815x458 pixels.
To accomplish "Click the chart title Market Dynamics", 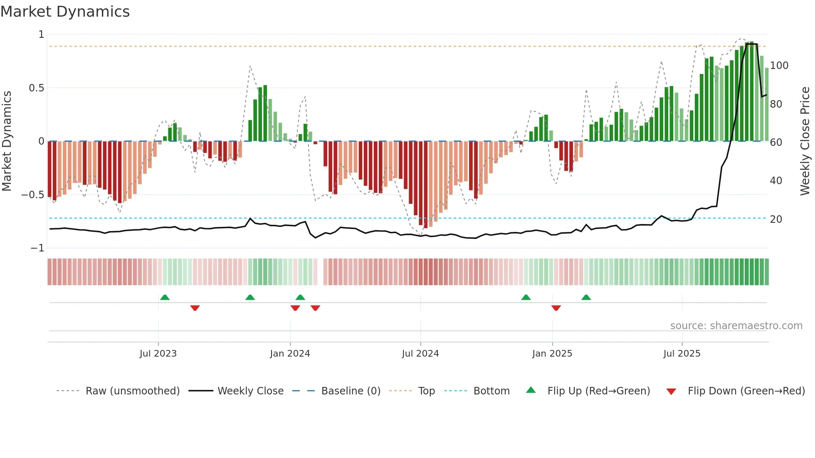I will click(x=65, y=12).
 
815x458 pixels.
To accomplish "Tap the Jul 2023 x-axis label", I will click(x=158, y=354).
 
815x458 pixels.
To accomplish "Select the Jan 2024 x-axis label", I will click(x=290, y=354).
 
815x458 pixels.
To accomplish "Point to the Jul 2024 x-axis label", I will click(x=420, y=354).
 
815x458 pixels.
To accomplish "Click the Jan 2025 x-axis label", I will click(x=552, y=354).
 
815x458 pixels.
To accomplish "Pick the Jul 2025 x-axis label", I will click(x=682, y=354).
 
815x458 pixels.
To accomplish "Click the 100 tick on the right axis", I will click(x=779, y=66).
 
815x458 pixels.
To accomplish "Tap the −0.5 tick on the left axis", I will click(x=32, y=195).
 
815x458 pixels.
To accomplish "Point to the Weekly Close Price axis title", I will click(x=805, y=141).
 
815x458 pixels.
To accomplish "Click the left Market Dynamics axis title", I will click(x=7, y=141).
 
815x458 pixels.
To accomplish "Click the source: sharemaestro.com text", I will click(x=736, y=326).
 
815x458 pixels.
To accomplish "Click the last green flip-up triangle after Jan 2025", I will click(x=586, y=297).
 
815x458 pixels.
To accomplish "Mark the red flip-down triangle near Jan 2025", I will click(x=556, y=308).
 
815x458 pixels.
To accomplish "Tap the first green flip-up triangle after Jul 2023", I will click(x=165, y=297).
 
